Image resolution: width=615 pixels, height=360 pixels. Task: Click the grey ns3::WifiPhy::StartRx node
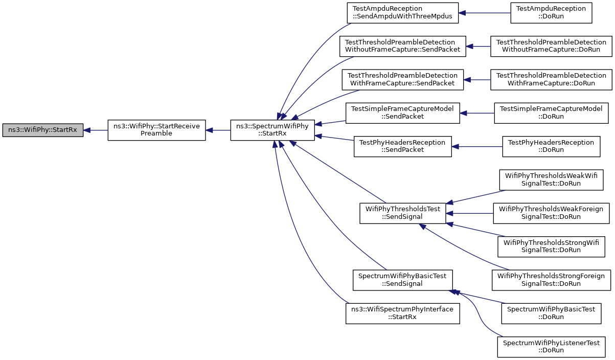42,130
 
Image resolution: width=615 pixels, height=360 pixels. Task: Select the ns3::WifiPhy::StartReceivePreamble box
156,130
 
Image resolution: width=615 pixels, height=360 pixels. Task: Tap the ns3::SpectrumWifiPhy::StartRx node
272,130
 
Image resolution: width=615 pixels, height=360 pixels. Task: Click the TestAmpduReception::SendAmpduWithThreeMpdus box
402,13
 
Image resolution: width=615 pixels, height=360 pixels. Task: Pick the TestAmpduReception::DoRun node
551,13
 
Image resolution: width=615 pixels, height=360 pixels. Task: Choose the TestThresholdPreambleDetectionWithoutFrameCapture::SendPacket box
402,46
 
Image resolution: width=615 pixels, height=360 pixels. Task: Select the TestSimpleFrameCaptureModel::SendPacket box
402,113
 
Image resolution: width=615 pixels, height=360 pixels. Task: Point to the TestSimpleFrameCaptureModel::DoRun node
551,113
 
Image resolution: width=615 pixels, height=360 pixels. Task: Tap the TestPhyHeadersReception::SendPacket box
402,146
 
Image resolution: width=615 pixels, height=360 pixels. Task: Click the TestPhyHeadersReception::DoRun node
551,146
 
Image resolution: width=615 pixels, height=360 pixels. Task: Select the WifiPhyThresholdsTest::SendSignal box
402,213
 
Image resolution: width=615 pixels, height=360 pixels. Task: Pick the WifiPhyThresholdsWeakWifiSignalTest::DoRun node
551,179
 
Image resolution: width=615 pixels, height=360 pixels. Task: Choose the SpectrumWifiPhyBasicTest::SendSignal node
402,280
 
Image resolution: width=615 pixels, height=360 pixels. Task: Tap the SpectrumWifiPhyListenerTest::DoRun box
551,347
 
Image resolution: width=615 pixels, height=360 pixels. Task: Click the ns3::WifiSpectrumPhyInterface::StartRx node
402,313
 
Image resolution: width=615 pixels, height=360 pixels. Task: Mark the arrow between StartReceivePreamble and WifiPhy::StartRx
96,130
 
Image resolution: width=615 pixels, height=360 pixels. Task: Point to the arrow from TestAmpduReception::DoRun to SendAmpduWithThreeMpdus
485,13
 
